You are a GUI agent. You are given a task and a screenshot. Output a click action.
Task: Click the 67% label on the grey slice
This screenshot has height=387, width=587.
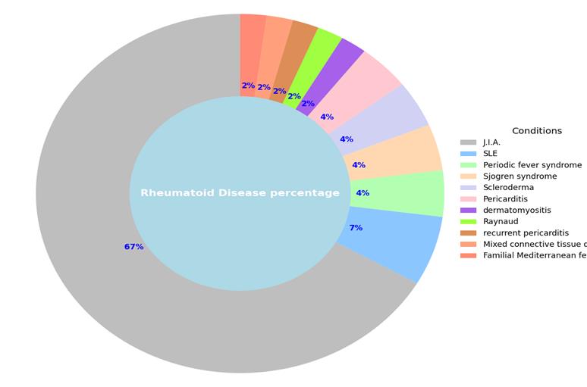click(133, 247)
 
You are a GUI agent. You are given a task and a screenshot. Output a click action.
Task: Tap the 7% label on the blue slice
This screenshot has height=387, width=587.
click(355, 228)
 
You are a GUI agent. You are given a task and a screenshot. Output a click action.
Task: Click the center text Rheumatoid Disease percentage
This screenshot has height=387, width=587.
click(240, 193)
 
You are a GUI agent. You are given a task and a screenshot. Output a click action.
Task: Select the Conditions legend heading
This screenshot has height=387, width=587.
click(537, 130)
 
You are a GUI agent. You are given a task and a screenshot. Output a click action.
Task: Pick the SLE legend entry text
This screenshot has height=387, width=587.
click(490, 154)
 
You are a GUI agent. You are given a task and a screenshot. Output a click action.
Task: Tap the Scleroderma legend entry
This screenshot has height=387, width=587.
click(508, 188)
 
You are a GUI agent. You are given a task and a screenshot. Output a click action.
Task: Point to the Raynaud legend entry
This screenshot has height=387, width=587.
click(500, 221)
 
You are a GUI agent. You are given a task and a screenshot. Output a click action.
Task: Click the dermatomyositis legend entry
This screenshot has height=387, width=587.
click(516, 210)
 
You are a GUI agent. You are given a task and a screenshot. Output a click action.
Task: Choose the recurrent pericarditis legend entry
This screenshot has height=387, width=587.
click(526, 233)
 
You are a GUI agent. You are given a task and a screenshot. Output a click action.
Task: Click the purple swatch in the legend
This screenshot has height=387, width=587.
click(468, 210)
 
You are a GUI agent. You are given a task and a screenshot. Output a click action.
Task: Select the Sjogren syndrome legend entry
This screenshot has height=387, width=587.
click(520, 176)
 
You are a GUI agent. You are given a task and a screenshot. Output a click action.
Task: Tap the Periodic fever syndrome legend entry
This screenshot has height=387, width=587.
click(532, 165)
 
